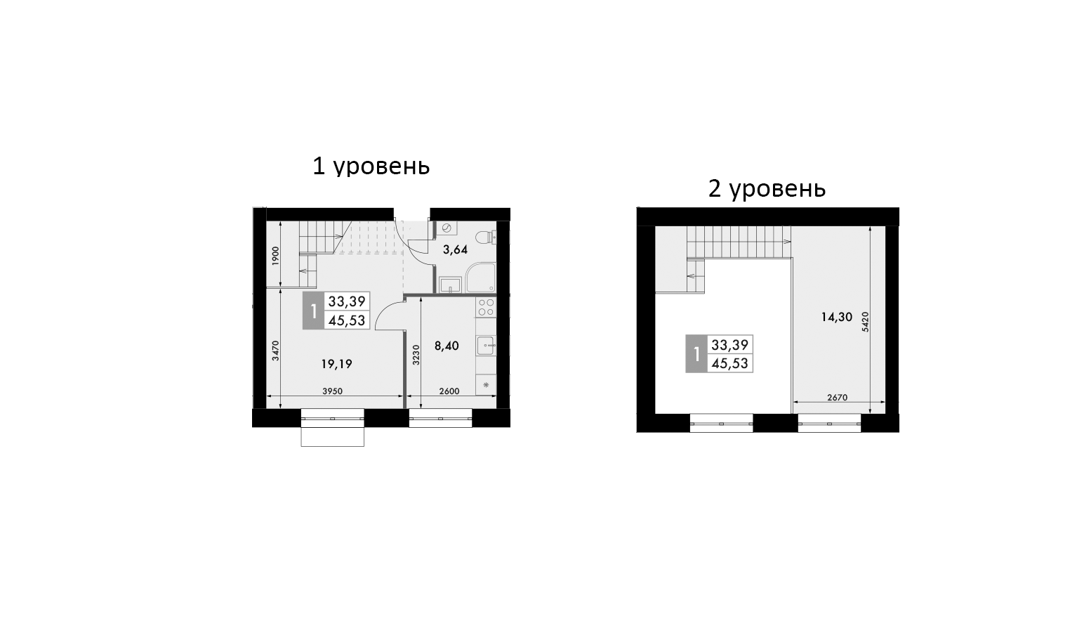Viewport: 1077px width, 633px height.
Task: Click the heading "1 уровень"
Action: pos(371,167)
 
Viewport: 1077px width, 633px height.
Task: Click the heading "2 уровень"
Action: pos(767,189)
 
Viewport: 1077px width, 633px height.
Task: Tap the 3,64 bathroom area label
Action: pos(455,249)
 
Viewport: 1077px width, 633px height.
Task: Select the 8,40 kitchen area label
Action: pos(447,346)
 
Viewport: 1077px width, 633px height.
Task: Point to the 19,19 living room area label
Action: pos(336,364)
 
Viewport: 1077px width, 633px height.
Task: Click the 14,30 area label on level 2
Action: pos(836,317)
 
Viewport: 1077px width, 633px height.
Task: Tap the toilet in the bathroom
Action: pos(485,237)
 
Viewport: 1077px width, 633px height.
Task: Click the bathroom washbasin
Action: pos(449,284)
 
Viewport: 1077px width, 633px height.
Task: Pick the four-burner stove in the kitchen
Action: pos(485,307)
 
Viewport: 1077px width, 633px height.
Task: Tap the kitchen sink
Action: pos(486,346)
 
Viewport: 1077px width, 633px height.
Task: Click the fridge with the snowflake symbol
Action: pos(486,385)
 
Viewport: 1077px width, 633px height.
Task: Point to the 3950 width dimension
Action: pos(332,391)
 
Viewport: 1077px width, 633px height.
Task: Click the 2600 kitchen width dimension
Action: pos(449,391)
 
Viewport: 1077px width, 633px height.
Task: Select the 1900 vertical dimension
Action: pos(276,255)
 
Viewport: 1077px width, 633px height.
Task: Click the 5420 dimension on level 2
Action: pos(866,321)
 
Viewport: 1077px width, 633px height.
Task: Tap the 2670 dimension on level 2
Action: pos(837,398)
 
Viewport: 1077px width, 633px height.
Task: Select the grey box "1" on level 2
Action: pos(696,354)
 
